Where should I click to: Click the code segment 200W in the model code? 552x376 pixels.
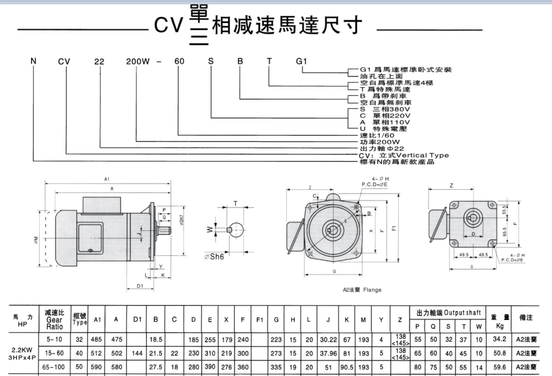pos(138,61)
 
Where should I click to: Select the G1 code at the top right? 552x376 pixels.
pos(301,61)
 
